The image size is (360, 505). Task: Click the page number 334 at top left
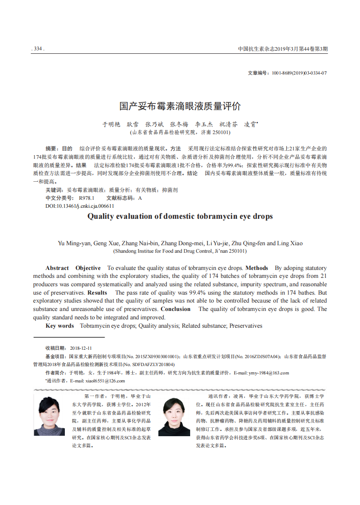tap(38, 49)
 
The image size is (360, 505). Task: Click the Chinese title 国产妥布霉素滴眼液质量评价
tap(180, 106)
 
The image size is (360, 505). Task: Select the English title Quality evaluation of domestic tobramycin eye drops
tap(180, 216)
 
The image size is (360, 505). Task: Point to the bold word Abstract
tap(57, 268)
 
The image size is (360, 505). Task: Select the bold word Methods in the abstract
tap(257, 268)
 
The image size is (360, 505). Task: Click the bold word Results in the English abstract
tap(97, 292)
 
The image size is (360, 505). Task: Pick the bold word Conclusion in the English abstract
tap(176, 309)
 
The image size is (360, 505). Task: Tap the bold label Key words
tap(60, 325)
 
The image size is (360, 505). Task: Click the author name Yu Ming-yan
tap(74, 243)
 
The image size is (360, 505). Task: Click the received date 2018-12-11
tap(81, 348)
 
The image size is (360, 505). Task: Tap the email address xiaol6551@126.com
tap(105, 381)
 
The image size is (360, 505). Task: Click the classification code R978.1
tap(86, 198)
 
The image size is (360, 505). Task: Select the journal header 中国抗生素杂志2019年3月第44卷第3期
tap(283, 49)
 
